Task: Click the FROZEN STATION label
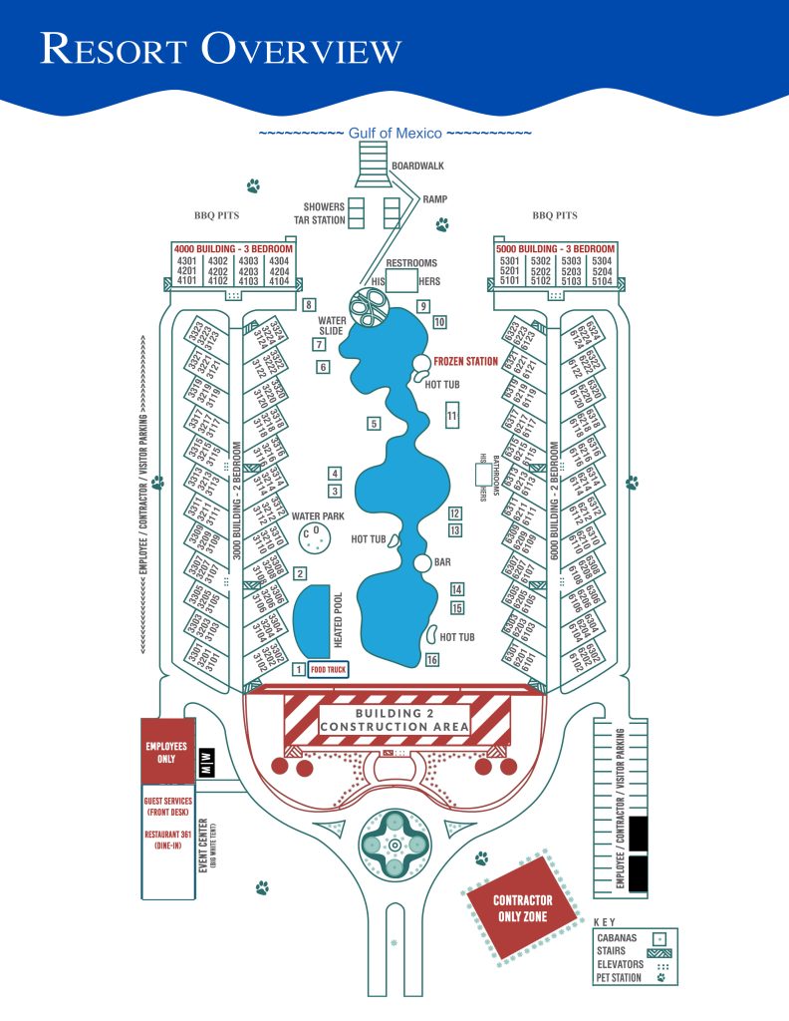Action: [x=466, y=361]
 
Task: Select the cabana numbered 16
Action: [x=431, y=659]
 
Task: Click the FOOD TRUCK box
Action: [x=328, y=670]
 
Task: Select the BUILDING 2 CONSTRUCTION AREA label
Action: [x=397, y=720]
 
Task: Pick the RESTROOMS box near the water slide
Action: [x=401, y=279]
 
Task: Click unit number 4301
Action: [x=186, y=260]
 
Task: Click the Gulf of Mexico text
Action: [x=394, y=133]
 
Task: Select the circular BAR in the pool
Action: [x=423, y=563]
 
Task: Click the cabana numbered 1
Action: [x=298, y=670]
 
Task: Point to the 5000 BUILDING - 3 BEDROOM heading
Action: [x=556, y=247]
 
